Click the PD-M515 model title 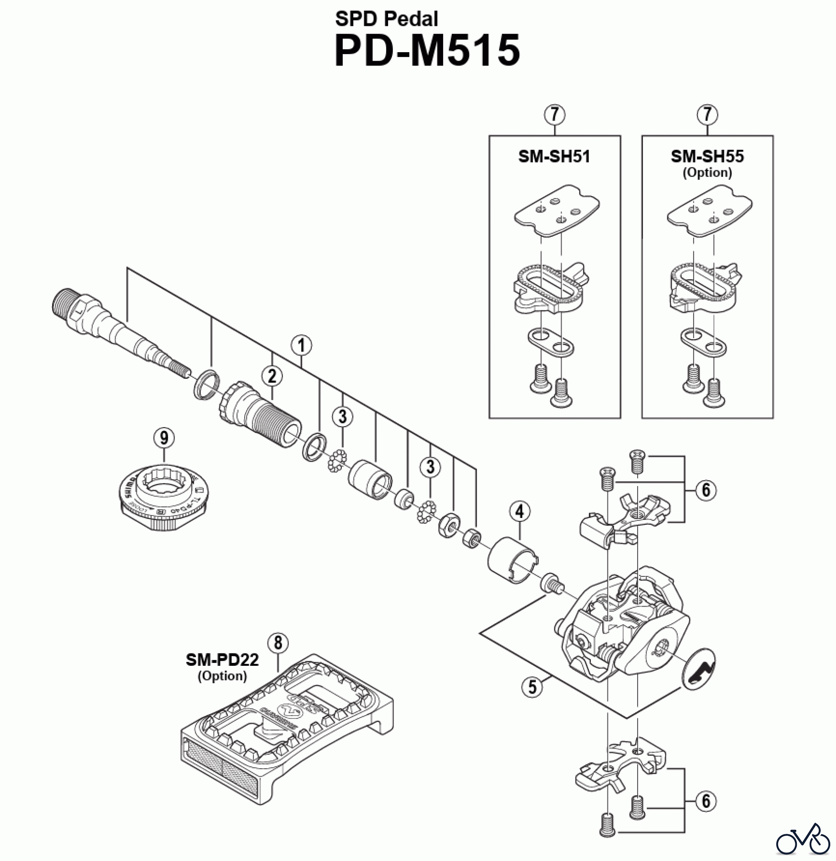(427, 51)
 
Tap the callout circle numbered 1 (302, 345)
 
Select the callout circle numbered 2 (272, 376)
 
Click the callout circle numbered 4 (520, 511)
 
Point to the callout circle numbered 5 (532, 687)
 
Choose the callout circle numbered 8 (278, 643)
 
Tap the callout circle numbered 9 (164, 437)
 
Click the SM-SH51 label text (554, 156)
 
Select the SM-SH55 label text (707, 156)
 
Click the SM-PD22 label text (222, 660)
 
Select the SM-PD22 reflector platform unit (287, 727)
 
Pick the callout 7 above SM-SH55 (707, 115)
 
